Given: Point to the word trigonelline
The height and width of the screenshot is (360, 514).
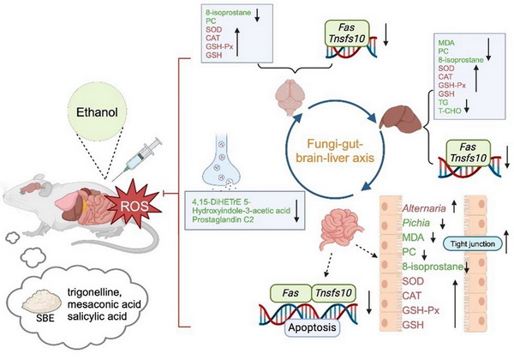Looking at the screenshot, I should tap(102, 292).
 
